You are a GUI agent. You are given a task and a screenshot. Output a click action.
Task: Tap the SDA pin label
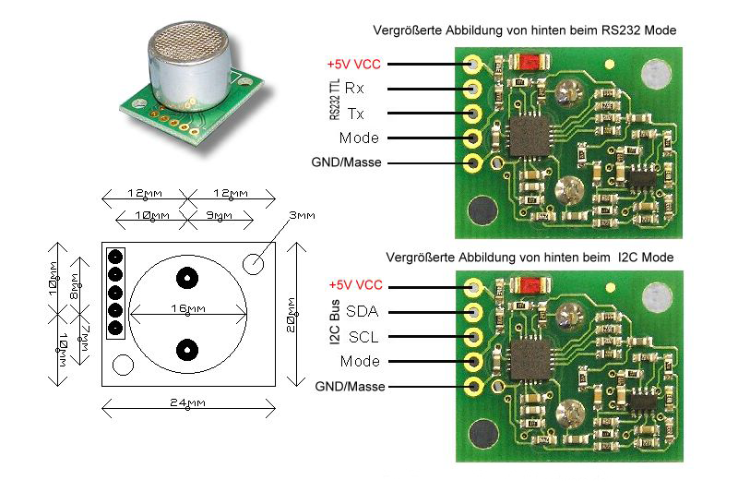point(363,311)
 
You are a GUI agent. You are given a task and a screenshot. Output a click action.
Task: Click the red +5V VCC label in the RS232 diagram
point(354,66)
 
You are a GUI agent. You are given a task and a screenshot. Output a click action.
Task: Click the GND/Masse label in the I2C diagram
point(350,386)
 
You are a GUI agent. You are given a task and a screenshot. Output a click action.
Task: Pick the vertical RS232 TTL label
point(333,101)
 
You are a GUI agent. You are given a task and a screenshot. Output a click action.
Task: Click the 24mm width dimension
point(188,403)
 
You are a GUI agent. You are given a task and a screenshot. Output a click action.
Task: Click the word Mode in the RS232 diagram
point(360,138)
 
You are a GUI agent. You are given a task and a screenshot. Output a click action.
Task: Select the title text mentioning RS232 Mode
point(524,30)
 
